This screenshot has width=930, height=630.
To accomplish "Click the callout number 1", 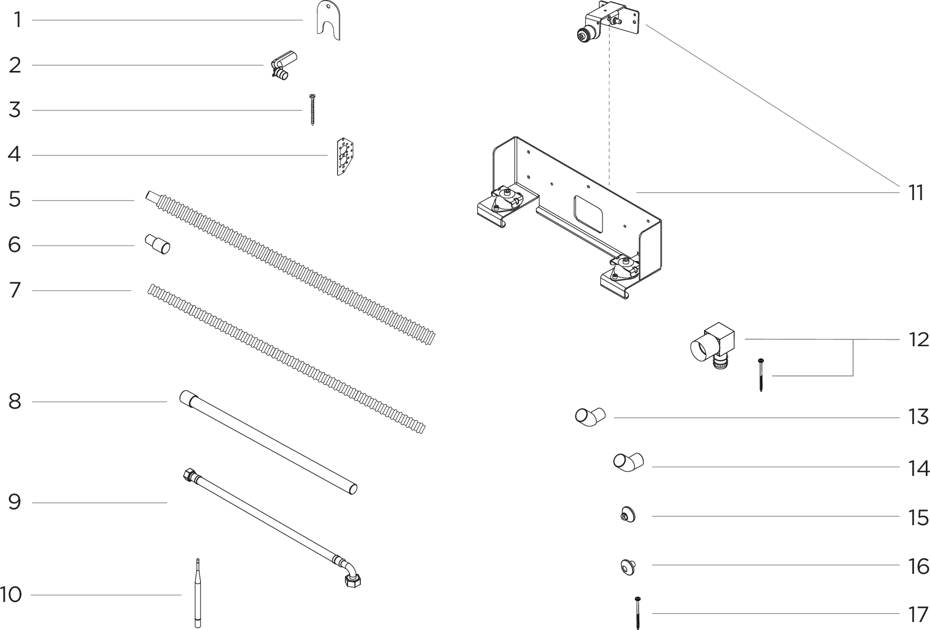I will [x=17, y=20].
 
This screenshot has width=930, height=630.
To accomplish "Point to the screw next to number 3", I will [x=313, y=110].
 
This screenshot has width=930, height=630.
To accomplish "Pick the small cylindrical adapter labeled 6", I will [x=158, y=245].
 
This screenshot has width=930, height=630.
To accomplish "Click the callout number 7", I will [x=15, y=290].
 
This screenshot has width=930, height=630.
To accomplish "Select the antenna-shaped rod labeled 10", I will [x=198, y=596].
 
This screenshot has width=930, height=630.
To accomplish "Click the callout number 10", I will [x=11, y=595].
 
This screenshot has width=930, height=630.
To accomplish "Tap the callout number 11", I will [x=916, y=193].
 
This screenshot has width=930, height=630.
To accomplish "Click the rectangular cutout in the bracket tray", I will [x=587, y=212].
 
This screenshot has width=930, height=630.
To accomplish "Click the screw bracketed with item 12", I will [x=761, y=375].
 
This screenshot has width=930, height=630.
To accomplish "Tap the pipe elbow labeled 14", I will [x=628, y=462].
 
